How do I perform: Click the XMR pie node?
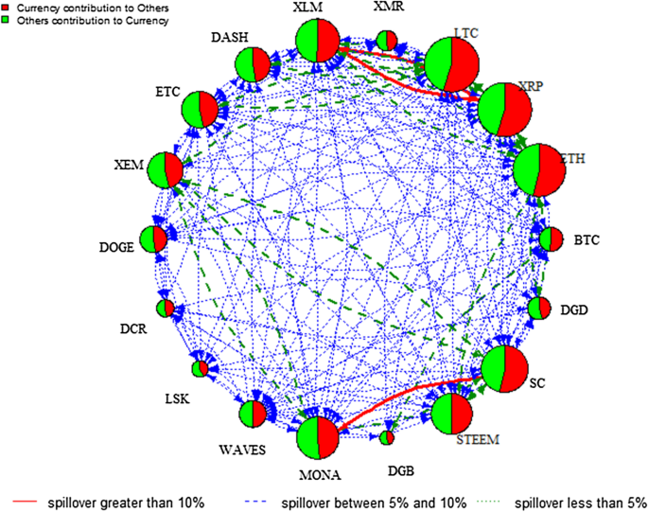(x=386, y=40)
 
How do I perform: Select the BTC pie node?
(x=551, y=239)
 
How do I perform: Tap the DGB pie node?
(x=386, y=437)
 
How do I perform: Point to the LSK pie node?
(x=201, y=368)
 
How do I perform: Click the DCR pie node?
(x=166, y=309)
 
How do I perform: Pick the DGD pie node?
(x=539, y=309)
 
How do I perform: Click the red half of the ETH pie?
(x=552, y=170)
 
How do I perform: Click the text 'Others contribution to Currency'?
(x=89, y=20)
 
